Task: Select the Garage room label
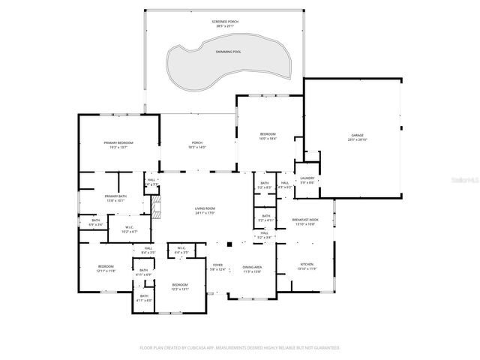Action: (356, 136)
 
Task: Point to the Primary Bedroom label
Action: (118, 142)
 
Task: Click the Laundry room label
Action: (307, 178)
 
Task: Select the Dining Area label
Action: (252, 267)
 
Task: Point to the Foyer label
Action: (218, 265)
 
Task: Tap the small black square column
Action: (230, 244)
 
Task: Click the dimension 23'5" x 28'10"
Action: (356, 140)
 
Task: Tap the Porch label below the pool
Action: (197, 142)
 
